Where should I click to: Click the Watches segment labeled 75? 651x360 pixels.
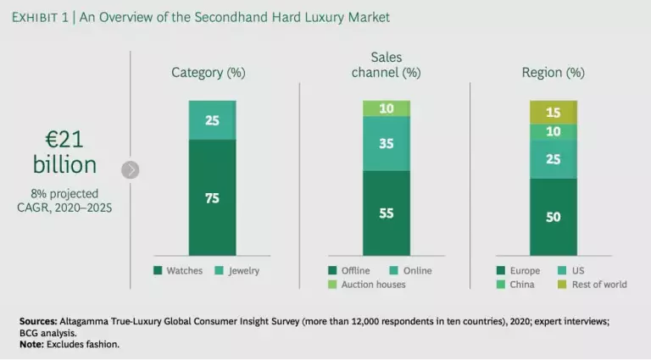[x=212, y=197]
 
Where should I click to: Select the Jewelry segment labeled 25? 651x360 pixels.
[x=212, y=120]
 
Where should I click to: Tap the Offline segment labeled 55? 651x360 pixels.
[x=387, y=213]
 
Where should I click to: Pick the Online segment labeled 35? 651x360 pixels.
[x=387, y=143]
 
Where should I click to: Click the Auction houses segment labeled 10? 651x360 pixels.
[x=387, y=108]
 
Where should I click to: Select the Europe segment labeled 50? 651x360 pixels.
[x=553, y=217]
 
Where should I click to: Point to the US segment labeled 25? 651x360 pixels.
[x=553, y=159]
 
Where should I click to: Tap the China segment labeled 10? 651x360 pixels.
[x=553, y=132]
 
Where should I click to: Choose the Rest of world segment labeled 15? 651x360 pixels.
[x=553, y=113]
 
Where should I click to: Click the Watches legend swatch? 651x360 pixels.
[x=158, y=271]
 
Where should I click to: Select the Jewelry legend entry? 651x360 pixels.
[x=236, y=271]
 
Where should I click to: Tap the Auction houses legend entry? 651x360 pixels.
[x=370, y=285]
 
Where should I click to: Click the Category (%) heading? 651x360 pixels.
[x=209, y=73]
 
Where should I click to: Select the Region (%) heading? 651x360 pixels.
[x=553, y=73]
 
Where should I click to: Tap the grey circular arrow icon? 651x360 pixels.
[x=130, y=169]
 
